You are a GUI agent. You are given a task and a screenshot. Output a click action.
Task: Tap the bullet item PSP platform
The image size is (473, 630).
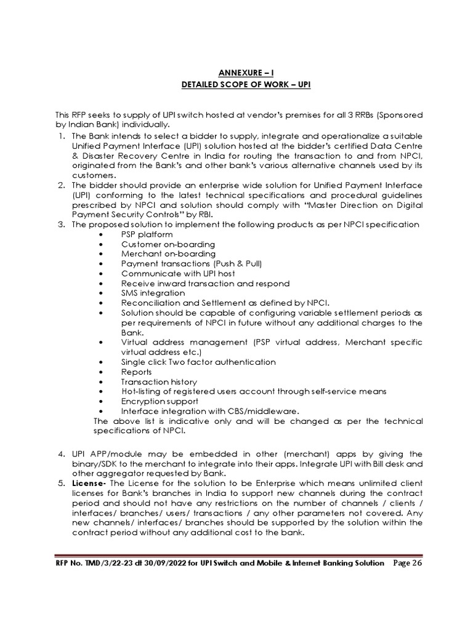pyautogui.click(x=147, y=234)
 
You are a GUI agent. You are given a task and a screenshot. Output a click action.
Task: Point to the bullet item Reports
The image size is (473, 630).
pyautogui.click(x=137, y=372)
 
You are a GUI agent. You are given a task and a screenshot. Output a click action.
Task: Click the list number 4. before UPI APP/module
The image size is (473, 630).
pyautogui.click(x=62, y=454)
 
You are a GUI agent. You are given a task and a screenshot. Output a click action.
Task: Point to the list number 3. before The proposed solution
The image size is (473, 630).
pyautogui.click(x=62, y=225)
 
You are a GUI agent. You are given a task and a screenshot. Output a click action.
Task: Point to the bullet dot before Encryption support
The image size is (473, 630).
pyautogui.click(x=100, y=401)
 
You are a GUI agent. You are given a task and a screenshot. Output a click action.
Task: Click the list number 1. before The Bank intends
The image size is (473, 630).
pyautogui.click(x=62, y=136)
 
